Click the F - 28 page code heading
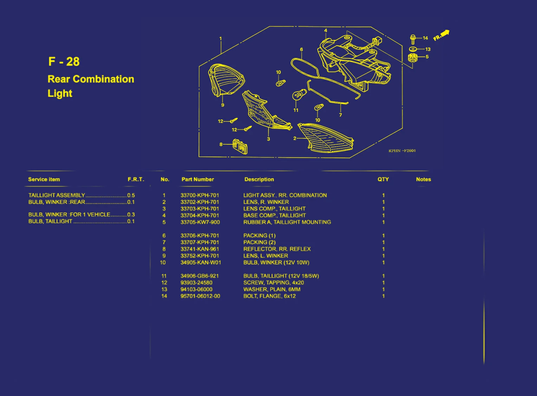64,61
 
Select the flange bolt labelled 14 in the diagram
413,40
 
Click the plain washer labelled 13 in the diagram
413,49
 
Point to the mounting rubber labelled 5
413,58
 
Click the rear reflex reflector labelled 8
240,146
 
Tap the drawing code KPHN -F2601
402,150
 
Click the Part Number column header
198,179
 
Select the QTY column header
383,179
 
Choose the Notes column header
423,179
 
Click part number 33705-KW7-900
200,222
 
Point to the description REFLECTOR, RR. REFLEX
277,249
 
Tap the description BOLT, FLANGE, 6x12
270,296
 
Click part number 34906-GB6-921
200,276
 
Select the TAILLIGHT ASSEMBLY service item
57,195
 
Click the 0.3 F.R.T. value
131,215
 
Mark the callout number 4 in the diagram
325,31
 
